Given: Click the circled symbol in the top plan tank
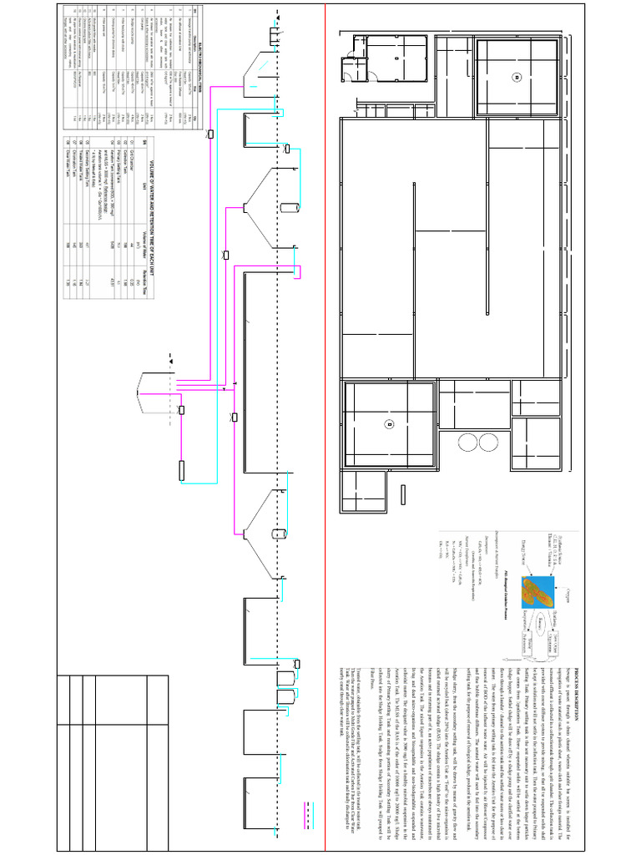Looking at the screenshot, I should coord(517,77).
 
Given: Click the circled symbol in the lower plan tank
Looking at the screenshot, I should coord(389,425).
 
